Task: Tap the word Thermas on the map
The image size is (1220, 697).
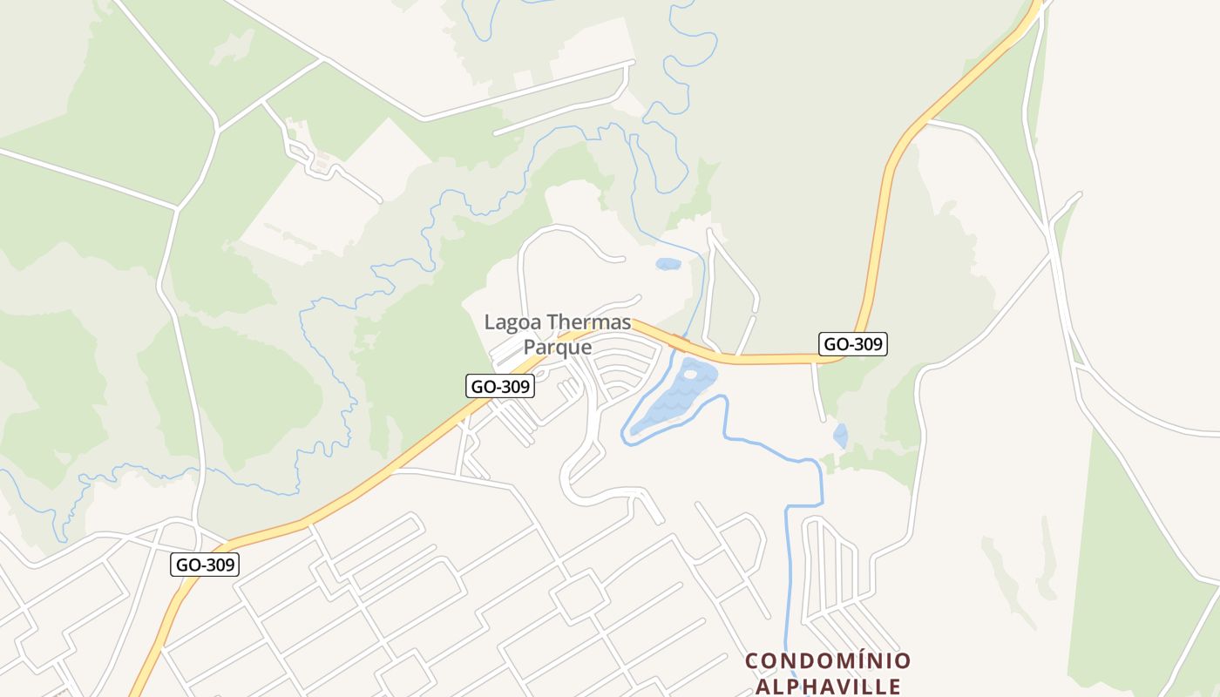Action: pyautogui.click(x=588, y=323)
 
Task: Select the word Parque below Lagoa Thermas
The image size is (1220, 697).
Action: pyautogui.click(x=557, y=347)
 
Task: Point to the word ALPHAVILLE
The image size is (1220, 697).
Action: pyautogui.click(x=828, y=686)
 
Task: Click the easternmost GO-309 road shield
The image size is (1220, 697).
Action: pyautogui.click(x=853, y=344)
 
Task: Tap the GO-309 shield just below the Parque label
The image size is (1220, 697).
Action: pyautogui.click(x=500, y=386)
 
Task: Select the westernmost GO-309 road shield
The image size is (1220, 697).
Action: pyautogui.click(x=205, y=565)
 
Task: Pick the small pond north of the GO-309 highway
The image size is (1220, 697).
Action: pyautogui.click(x=668, y=264)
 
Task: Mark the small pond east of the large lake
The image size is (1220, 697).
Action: pyautogui.click(x=840, y=435)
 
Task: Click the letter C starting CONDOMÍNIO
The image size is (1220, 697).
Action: pyautogui.click(x=752, y=661)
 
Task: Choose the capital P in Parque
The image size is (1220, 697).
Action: pyautogui.click(x=529, y=347)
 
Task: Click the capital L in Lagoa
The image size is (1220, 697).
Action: pyautogui.click(x=490, y=323)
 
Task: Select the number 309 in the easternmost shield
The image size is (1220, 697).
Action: pyautogui.click(x=865, y=344)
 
